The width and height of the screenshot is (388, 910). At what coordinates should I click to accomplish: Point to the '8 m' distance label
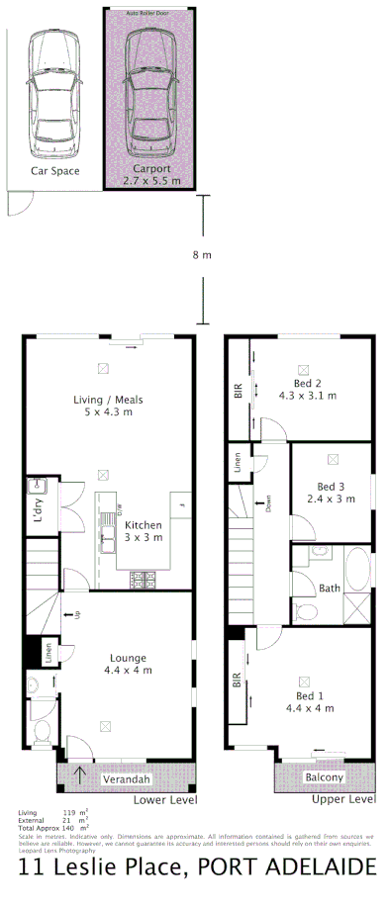tap(202, 255)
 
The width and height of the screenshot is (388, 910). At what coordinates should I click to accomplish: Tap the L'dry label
tap(38, 510)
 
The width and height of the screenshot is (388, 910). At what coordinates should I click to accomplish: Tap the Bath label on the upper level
tap(330, 589)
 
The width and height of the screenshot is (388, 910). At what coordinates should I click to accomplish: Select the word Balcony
tap(325, 778)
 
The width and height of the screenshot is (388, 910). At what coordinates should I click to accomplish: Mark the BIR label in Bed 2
tap(238, 392)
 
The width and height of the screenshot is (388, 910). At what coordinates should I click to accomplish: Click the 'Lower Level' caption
tap(165, 799)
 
